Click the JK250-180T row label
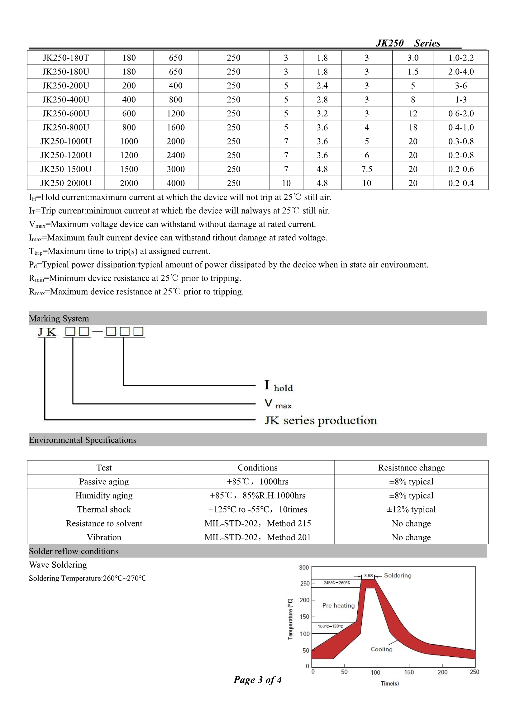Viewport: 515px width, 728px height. coord(66,58)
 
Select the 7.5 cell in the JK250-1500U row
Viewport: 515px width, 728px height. coord(366,169)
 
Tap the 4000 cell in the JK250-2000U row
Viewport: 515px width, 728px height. coord(175,183)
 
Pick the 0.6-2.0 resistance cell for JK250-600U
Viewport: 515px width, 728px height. coord(461,114)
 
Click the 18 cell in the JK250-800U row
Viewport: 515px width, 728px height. coord(412,127)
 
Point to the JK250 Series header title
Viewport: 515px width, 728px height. coord(408,43)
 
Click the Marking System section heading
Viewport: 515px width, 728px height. coord(59,318)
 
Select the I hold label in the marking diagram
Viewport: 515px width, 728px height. coord(279,386)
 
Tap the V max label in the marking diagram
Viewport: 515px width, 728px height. coord(278,404)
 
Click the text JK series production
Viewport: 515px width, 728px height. coord(321,420)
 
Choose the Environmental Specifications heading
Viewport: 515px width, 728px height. coord(83,440)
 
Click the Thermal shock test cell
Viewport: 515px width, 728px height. coord(104,509)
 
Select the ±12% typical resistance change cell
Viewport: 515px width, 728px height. coord(411,509)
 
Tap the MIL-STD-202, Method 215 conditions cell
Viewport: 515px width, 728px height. coord(257,523)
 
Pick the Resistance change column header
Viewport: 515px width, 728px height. coord(411,468)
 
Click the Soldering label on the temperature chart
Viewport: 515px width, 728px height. coord(398,575)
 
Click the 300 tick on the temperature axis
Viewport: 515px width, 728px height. coord(304,568)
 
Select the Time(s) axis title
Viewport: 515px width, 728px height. coord(390,683)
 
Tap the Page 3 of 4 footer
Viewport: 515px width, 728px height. coord(257,679)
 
